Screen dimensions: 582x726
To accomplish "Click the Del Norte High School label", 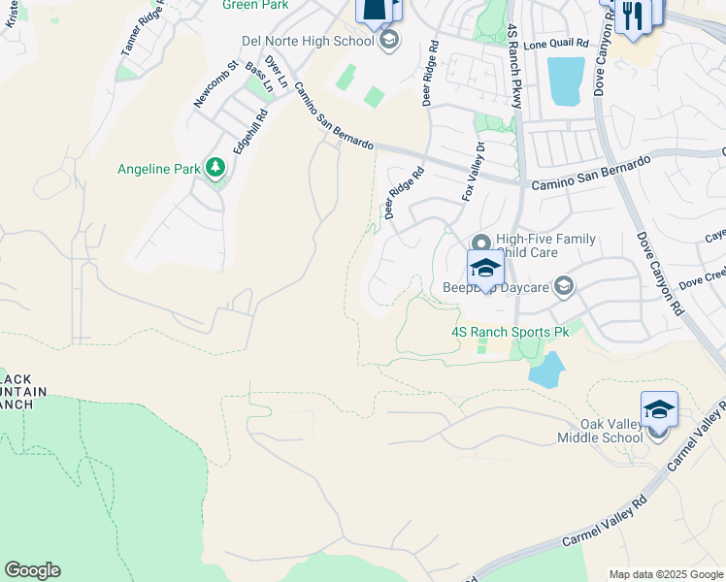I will (307, 41).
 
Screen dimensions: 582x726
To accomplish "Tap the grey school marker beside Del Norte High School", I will (389, 40).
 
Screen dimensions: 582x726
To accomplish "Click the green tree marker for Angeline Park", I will (215, 168).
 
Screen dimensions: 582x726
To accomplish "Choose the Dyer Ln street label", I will (278, 72).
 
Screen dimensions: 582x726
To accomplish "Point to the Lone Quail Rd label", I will (556, 44).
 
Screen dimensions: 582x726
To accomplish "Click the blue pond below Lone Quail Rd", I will (566, 81).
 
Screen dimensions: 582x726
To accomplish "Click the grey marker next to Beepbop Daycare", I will (562, 285).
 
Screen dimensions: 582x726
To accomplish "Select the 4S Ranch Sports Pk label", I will (510, 331).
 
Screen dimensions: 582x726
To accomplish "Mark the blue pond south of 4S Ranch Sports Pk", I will (546, 370).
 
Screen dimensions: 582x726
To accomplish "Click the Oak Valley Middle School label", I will (611, 431).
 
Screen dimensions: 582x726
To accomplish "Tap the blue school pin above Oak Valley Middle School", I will (659, 409).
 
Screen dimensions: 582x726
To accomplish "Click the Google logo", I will (32, 570).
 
